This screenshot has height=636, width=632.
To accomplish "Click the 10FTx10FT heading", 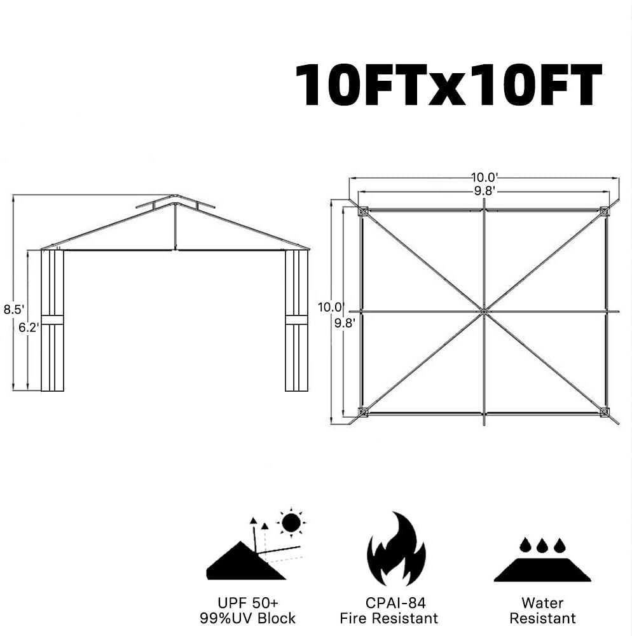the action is [x=448, y=85].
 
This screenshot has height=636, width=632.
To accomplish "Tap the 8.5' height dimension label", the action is [x=14, y=310].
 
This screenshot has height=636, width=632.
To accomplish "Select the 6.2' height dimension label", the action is [x=29, y=328].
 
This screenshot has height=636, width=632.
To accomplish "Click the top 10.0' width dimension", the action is [x=484, y=177].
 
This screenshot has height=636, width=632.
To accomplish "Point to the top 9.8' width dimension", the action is [x=485, y=191].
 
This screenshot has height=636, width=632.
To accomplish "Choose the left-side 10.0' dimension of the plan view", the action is [x=331, y=307].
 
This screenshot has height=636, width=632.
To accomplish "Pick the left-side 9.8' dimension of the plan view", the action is [x=345, y=323].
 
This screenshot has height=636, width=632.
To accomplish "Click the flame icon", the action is [x=396, y=549].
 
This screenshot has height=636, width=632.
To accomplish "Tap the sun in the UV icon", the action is [x=291, y=522].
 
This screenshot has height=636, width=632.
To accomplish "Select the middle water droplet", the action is [x=542, y=546].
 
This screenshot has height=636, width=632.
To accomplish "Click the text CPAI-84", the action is [x=395, y=603].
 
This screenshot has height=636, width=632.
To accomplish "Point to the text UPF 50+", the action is [x=248, y=603].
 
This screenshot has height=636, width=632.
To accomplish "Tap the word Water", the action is [x=542, y=603].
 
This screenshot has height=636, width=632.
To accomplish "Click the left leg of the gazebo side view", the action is [x=53, y=321].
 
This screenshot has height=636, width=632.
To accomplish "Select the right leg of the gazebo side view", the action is [x=297, y=321].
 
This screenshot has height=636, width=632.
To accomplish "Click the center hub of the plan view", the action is [x=484, y=312].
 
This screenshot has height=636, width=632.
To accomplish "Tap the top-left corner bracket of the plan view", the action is [x=362, y=211].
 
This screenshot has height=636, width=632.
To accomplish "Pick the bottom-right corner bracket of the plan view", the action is [x=605, y=412].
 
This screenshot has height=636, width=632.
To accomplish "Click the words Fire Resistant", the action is [x=388, y=618].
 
